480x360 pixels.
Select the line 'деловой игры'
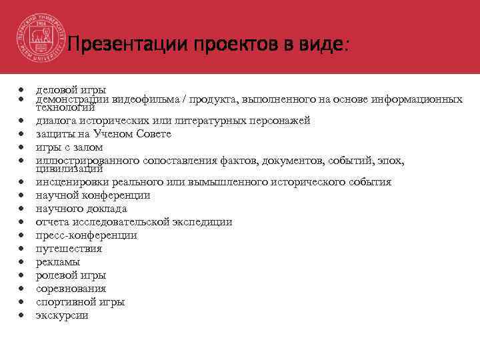(x=71, y=90)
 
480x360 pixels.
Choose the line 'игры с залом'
(x=69, y=147)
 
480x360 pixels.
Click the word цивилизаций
(x=65, y=169)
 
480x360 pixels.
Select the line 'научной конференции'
(x=93, y=195)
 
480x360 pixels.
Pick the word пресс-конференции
(x=87, y=235)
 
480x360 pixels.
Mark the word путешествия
(x=69, y=249)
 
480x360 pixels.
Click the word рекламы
(x=57, y=262)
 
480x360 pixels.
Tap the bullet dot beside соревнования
(x=22, y=289)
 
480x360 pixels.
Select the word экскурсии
(x=61, y=315)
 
